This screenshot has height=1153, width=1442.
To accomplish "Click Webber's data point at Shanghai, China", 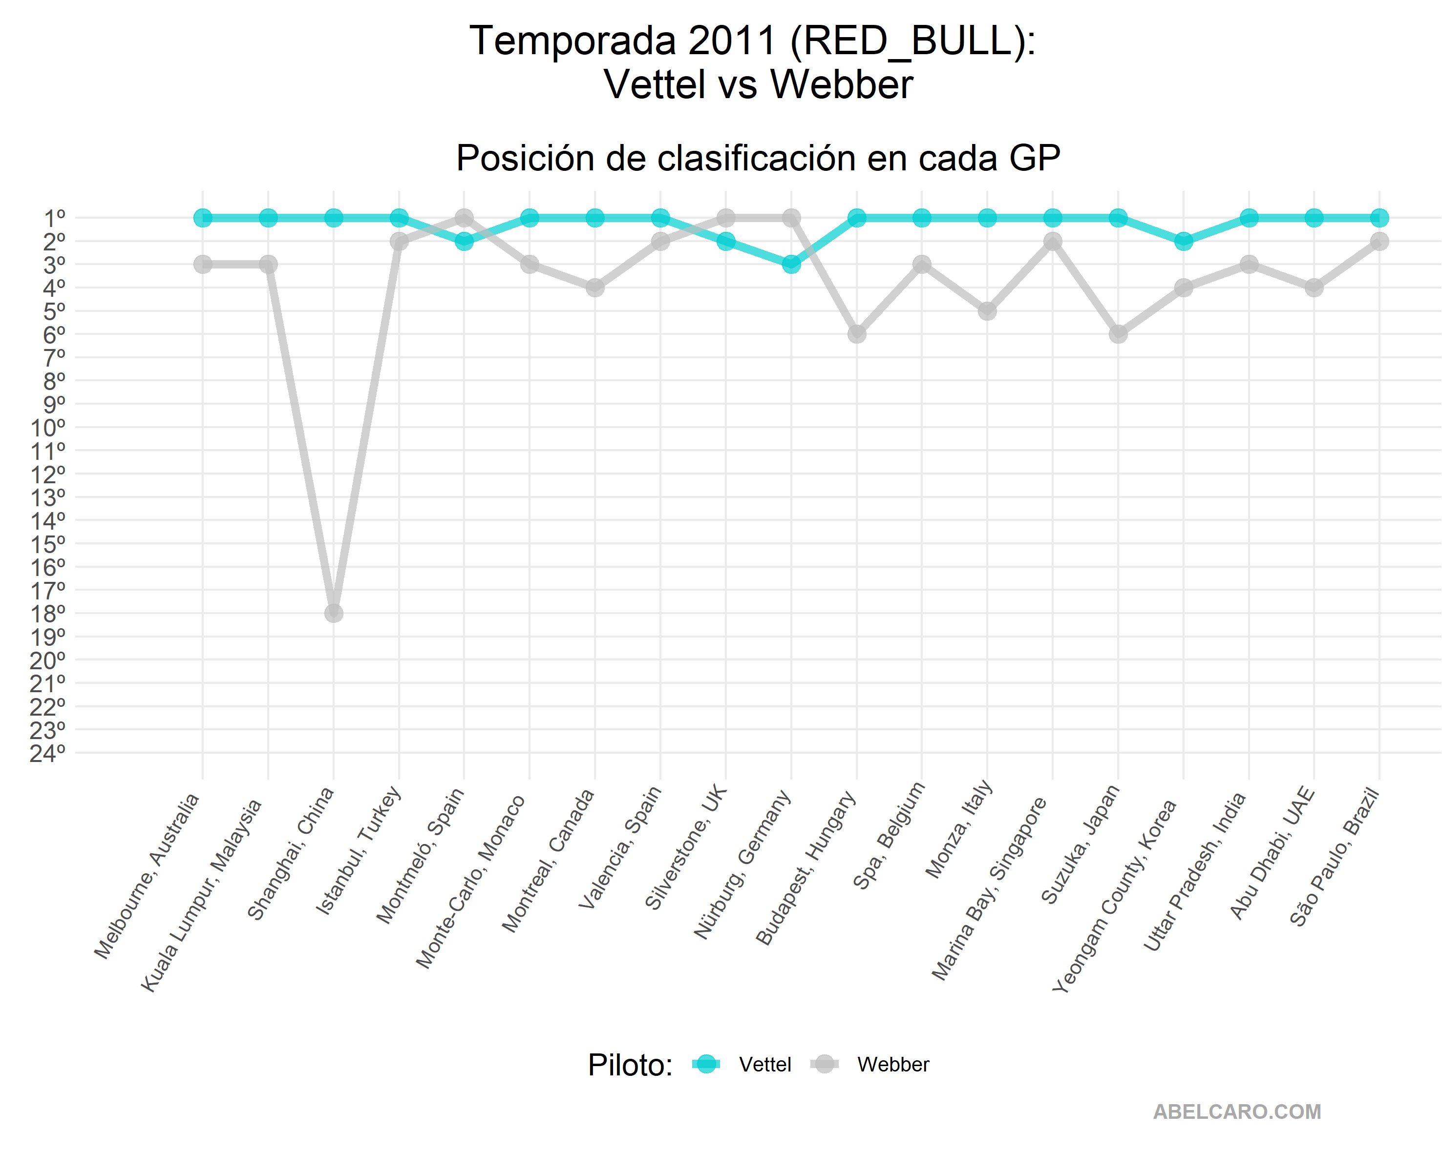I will [x=334, y=613].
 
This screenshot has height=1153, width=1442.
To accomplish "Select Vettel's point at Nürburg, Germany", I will [x=791, y=264].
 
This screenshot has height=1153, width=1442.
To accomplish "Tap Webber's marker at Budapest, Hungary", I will [x=857, y=333].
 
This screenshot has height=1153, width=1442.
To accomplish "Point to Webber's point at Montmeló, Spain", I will [x=464, y=218].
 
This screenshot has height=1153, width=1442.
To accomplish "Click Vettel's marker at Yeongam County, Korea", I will [x=1184, y=241].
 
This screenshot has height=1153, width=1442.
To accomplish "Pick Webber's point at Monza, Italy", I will [x=987, y=311].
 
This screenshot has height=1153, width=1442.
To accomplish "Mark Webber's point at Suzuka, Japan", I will [x=1118, y=333].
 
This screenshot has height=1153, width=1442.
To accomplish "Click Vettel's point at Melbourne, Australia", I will [x=203, y=218].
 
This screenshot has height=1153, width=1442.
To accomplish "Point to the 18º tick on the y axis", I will [x=48, y=614].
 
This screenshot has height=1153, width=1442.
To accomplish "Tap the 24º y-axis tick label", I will [x=48, y=753].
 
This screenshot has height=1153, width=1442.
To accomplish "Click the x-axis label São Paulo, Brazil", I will [x=1335, y=856].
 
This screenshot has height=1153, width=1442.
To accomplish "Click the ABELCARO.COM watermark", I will [x=1237, y=1112].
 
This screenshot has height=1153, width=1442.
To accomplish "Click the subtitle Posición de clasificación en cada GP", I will [x=758, y=159].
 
